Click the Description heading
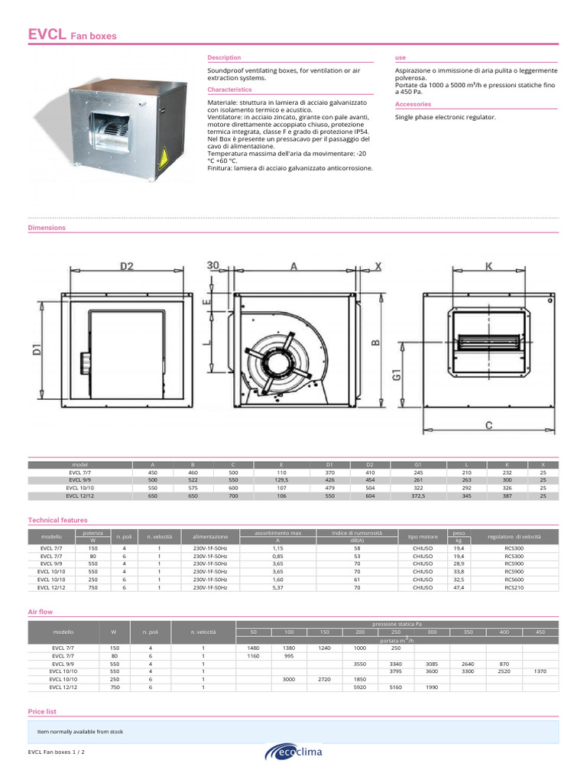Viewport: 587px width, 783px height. [224, 57]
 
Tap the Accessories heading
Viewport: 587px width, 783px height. [413, 104]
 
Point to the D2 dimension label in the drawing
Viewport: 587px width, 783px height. [127, 267]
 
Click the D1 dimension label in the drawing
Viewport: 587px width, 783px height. [36, 351]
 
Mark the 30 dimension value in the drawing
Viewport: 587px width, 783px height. [212, 265]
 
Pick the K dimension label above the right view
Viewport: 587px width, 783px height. [488, 266]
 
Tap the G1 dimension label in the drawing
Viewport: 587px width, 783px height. [397, 375]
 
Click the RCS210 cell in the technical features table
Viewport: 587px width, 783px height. [514, 588]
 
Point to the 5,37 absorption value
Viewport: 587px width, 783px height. [277, 588]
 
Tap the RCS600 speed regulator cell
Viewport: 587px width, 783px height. [514, 580]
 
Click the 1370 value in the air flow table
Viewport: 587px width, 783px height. [540, 671]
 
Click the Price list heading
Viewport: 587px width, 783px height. [42, 711]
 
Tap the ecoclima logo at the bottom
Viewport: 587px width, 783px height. [293, 752]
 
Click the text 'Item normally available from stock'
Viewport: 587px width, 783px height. [80, 732]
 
